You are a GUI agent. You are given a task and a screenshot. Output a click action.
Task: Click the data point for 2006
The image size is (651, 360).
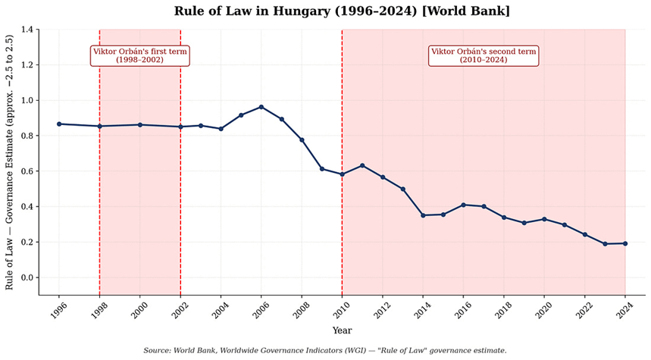coord(261,107)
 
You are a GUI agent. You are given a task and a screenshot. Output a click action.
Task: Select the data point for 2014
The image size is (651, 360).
coord(423,215)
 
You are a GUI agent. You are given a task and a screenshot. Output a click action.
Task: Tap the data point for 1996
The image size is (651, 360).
coord(59,124)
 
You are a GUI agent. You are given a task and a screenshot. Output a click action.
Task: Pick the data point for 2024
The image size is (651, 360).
coord(625,243)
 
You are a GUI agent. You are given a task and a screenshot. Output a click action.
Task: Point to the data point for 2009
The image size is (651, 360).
coord(322,168)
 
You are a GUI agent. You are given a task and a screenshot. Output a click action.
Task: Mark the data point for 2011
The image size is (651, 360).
coord(362,165)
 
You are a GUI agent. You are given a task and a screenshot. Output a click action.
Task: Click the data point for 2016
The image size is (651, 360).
coord(464,205)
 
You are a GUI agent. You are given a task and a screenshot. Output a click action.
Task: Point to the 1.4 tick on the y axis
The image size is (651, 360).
coord(28,30)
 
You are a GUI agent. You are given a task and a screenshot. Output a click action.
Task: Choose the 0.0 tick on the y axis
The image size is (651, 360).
coord(28,277)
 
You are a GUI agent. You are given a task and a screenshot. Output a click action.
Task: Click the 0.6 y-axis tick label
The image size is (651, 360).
coord(28,171)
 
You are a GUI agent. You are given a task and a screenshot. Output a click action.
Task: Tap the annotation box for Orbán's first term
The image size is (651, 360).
coord(139,55)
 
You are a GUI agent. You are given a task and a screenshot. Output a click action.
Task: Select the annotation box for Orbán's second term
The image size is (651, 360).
coord(484,55)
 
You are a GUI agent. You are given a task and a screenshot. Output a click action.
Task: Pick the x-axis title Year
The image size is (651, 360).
coord(342,330)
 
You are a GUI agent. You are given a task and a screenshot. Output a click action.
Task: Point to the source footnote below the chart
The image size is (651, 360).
coord(325,350)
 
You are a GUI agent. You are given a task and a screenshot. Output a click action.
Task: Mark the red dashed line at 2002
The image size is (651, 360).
coord(180,189)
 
